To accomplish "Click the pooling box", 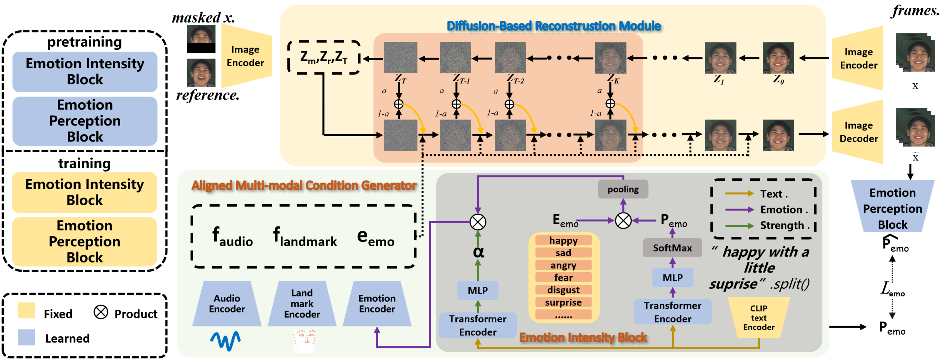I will (x=623, y=189).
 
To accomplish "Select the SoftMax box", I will (x=672, y=248).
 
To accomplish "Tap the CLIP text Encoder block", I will (x=759, y=317).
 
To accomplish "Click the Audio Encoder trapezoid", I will (x=227, y=303).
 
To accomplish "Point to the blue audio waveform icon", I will (x=225, y=341).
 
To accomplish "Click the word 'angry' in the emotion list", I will (x=563, y=265).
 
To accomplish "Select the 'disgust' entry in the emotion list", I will (x=563, y=290).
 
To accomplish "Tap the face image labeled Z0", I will (x=778, y=58).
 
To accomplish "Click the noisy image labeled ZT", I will (x=400, y=58).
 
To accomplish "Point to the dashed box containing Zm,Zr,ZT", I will (x=324, y=57).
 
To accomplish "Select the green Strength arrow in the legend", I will (x=739, y=226).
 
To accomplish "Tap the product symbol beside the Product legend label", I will (x=101, y=312).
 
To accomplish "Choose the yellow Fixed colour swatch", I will (x=26, y=311).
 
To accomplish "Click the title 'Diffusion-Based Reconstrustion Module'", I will (x=554, y=26).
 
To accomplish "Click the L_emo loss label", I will (x=892, y=289).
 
